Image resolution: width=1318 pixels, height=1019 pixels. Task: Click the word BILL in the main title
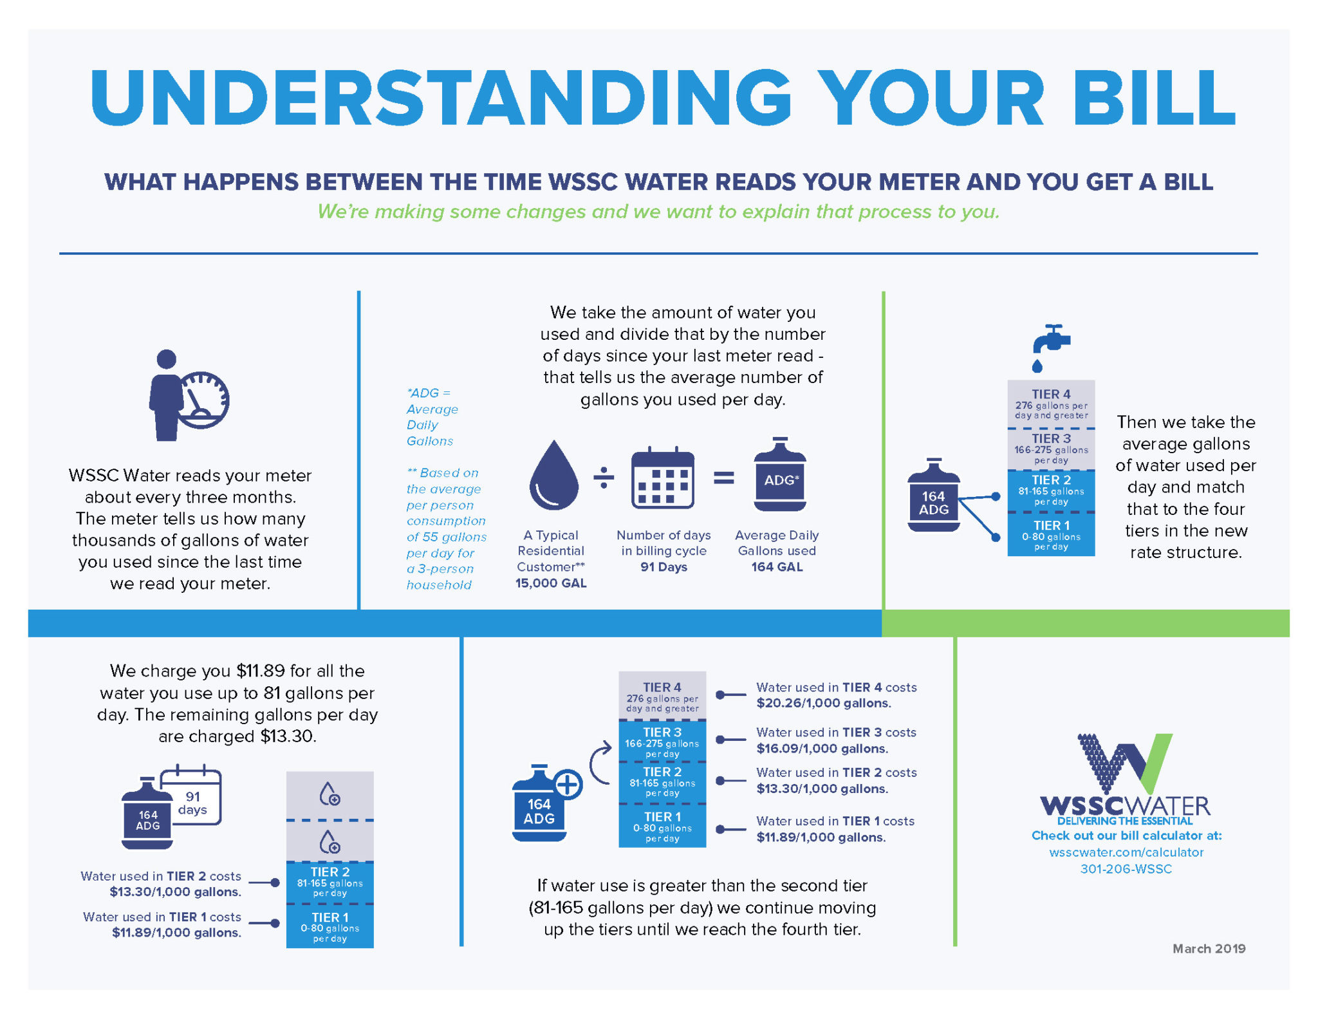1155,98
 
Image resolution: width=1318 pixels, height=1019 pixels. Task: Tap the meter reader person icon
188,395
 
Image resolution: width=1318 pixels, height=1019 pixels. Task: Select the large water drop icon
553,474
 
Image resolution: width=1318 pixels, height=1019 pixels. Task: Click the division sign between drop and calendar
604,477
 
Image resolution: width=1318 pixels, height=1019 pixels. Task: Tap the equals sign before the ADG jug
724,477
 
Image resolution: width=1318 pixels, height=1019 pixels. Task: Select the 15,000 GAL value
551,583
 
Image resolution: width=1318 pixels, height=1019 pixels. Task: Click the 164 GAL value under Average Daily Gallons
777,567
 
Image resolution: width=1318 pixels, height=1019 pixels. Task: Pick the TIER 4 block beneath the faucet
1051,404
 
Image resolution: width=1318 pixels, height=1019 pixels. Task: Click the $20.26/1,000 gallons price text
824,703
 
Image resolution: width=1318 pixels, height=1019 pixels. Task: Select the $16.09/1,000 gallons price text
822,749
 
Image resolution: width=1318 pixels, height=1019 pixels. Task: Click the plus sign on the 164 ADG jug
568,785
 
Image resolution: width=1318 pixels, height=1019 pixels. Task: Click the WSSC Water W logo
1125,765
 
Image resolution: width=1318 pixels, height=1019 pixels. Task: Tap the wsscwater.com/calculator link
1126,852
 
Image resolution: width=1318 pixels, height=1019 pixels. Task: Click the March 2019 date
1209,949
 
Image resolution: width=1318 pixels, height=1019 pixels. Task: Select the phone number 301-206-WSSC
1126,869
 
